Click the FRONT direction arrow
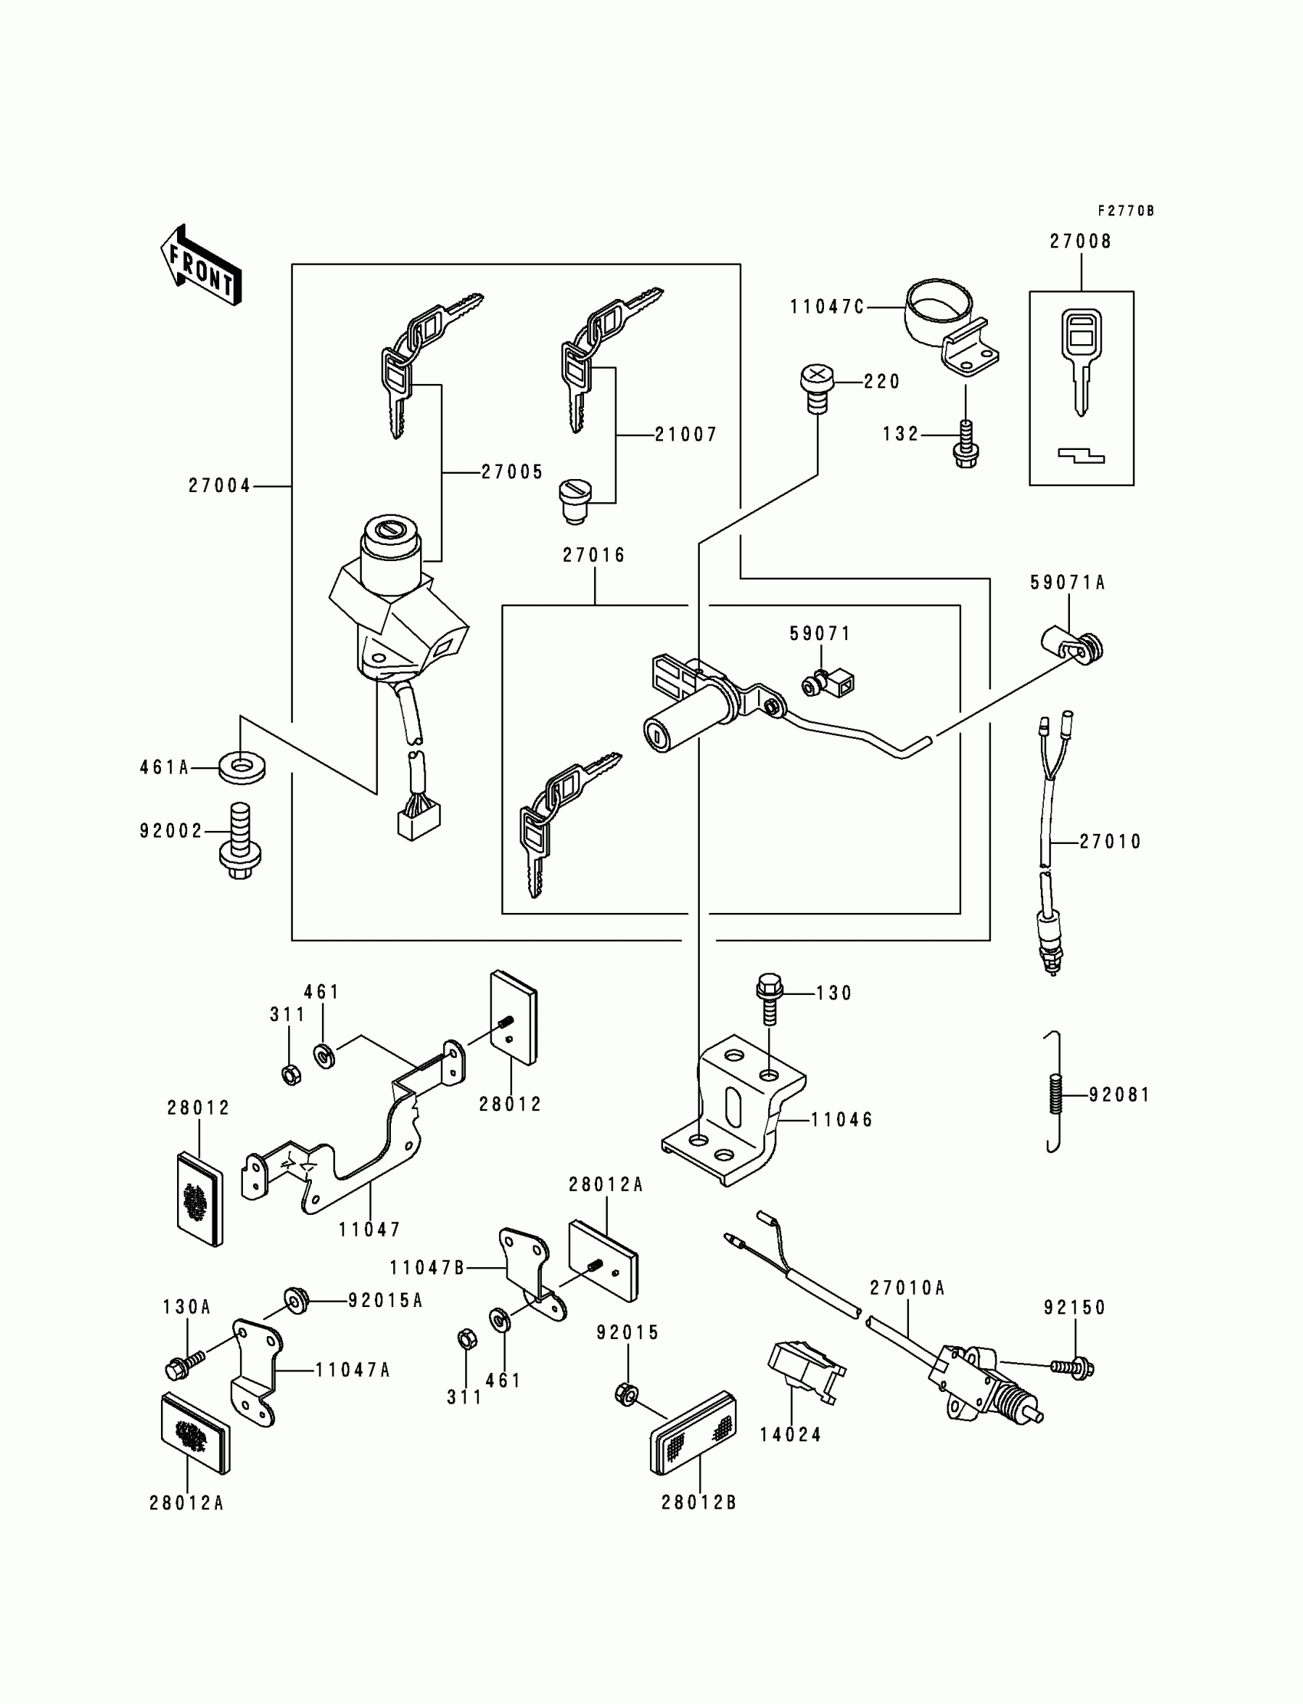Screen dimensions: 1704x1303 201,265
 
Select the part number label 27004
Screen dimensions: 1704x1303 219,486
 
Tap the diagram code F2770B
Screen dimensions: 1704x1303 1125,211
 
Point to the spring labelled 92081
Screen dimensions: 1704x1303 1053,1092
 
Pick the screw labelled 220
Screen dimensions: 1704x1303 816,389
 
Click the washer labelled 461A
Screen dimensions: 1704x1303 242,769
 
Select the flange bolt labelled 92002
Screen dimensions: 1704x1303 240,842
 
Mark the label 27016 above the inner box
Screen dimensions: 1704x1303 594,555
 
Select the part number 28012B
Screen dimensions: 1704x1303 699,1502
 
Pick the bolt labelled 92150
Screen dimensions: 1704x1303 1072,1368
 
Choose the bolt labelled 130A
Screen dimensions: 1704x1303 185,1368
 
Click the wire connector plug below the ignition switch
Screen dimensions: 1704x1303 418,821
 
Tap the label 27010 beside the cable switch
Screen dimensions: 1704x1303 1111,842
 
